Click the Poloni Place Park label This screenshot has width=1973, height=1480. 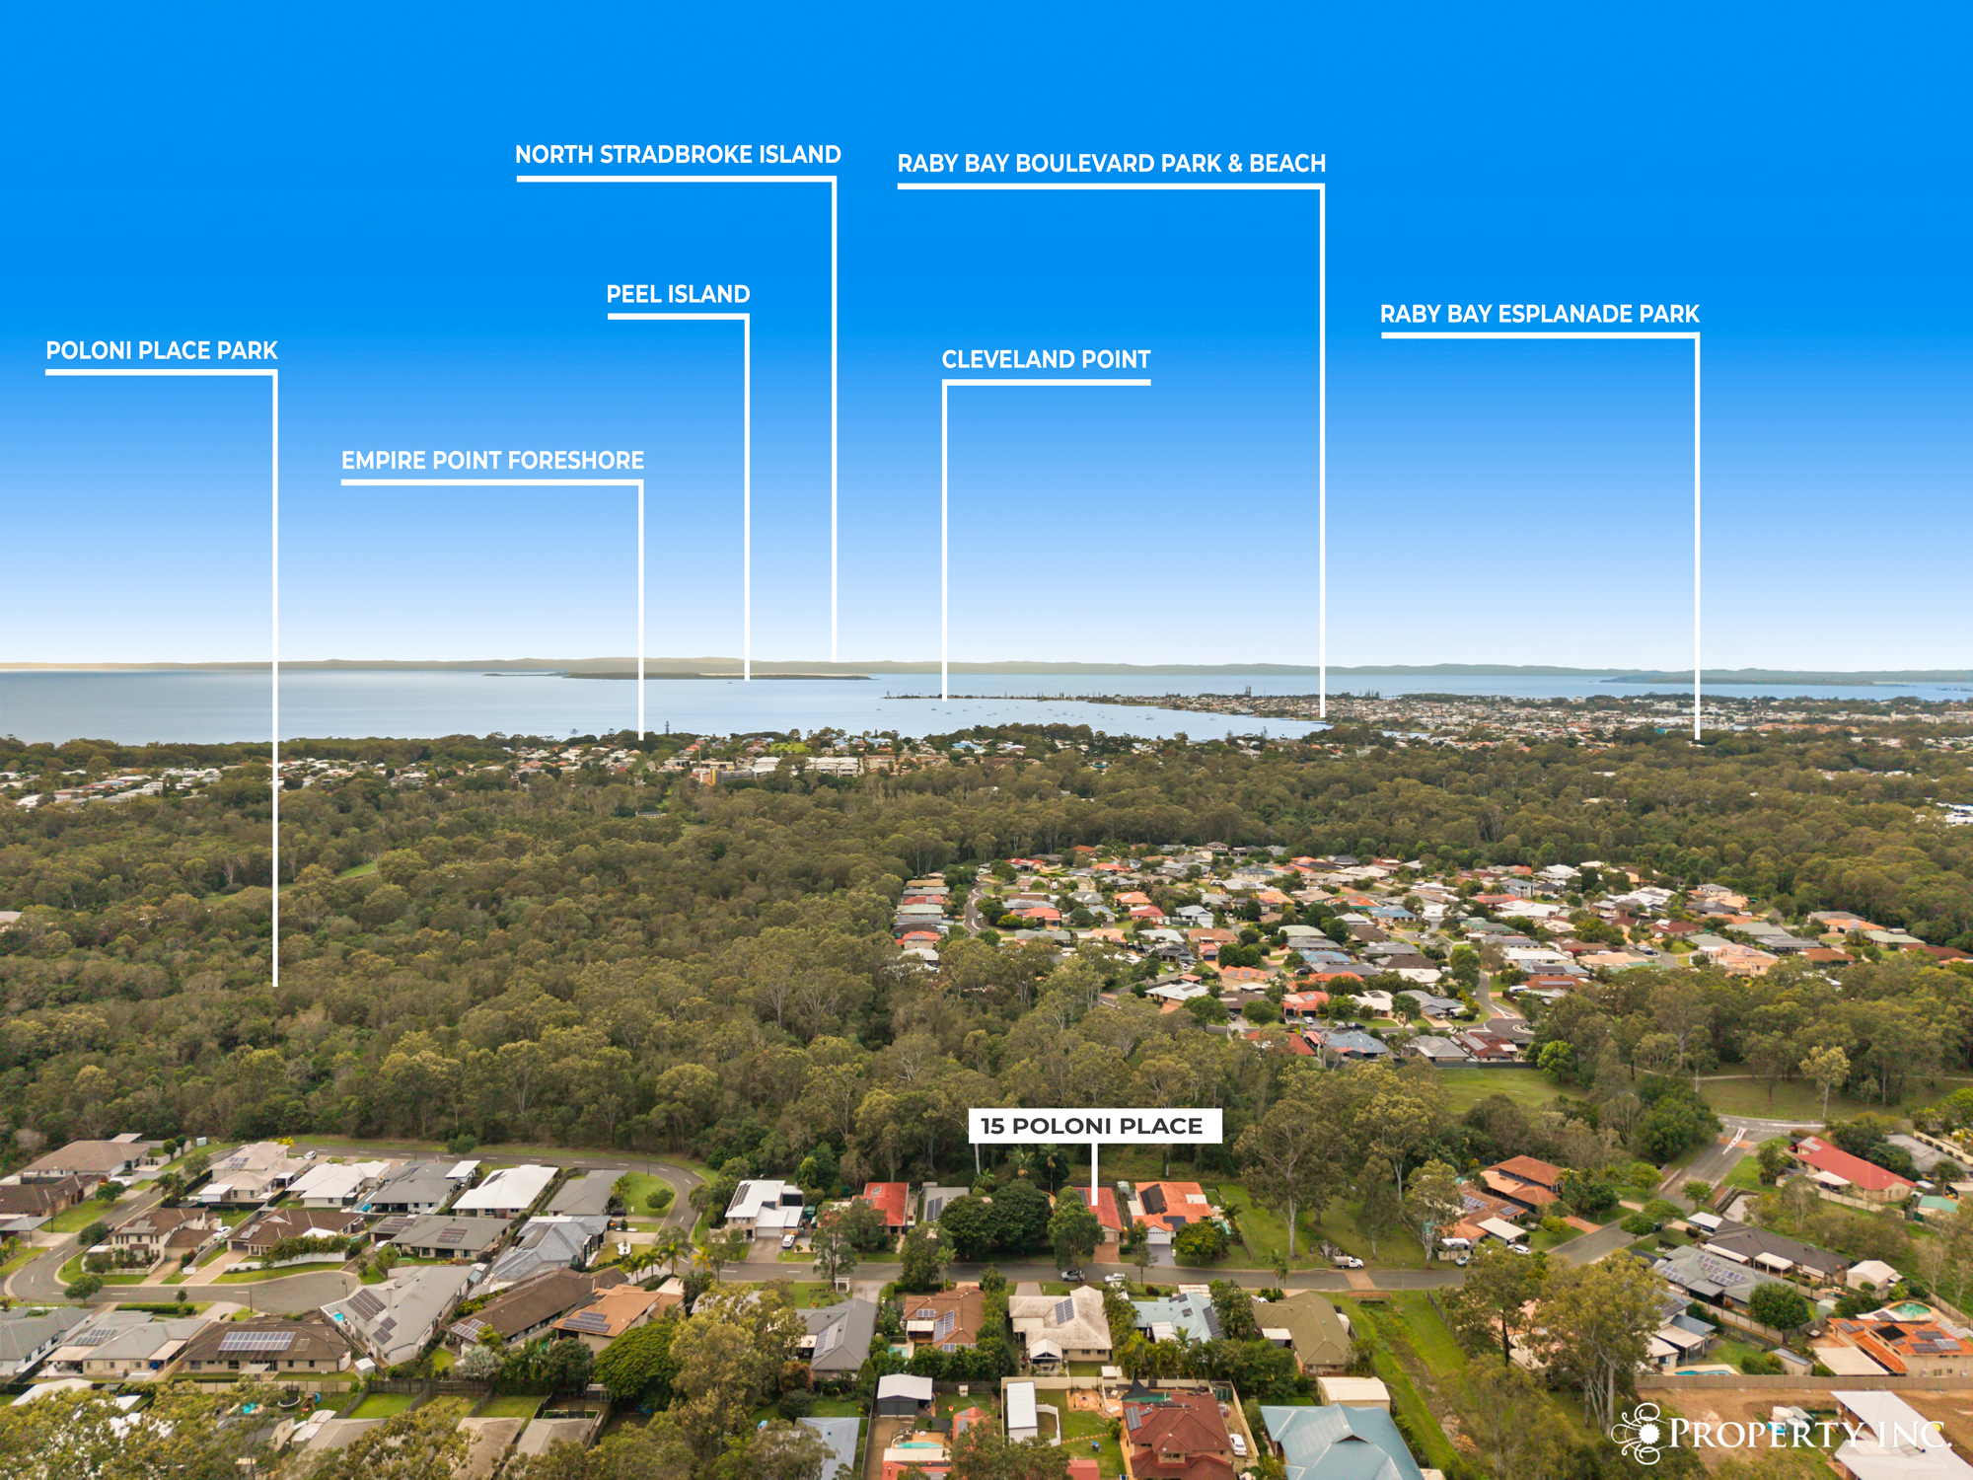(162, 350)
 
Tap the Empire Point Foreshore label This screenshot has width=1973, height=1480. (492, 461)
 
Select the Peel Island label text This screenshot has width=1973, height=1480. (678, 294)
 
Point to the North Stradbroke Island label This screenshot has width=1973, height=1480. (678, 155)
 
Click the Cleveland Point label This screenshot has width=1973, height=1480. (1046, 360)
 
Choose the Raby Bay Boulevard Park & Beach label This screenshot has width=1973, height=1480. (1111, 164)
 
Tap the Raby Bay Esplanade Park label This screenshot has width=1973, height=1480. (1539, 315)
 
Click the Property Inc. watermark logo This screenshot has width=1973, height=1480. (1782, 1433)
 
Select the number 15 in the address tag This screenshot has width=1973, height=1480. (991, 1126)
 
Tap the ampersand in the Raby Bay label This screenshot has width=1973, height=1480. (1235, 164)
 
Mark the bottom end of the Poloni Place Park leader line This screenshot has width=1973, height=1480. (275, 985)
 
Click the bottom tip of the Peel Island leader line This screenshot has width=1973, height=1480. (747, 680)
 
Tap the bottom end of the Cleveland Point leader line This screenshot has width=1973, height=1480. (945, 699)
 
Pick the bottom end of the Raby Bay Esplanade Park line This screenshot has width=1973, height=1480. (1697, 738)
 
